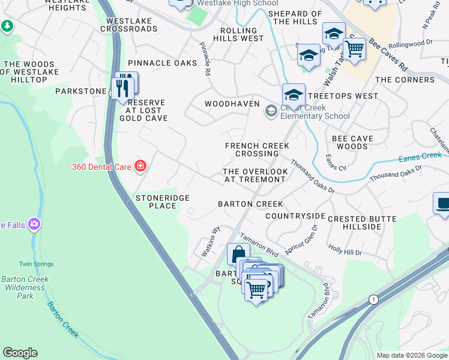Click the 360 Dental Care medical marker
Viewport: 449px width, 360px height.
pyautogui.click(x=140, y=166)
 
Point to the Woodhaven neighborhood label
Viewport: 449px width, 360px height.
pyautogui.click(x=232, y=104)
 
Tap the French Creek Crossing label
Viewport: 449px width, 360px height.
pyautogui.click(x=257, y=149)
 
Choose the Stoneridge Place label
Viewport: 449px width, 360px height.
pyautogui.click(x=163, y=202)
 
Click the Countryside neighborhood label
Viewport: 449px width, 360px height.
pyautogui.click(x=295, y=216)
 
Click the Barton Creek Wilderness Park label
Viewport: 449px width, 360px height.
pyautogui.click(x=25, y=287)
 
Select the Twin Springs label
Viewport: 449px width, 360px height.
pyautogui.click(x=36, y=264)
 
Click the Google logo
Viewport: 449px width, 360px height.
pyautogui.click(x=20, y=353)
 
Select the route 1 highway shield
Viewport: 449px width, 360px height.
pyautogui.click(x=373, y=298)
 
